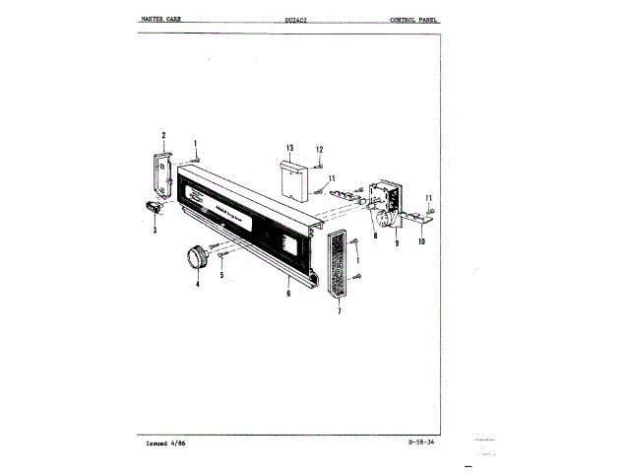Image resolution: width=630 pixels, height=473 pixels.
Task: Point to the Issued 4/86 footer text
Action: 164,444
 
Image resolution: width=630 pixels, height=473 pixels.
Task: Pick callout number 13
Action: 289,148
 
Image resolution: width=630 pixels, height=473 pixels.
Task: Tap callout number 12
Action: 319,149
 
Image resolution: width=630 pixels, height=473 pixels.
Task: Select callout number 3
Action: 155,231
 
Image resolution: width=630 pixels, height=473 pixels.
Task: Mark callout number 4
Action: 197,284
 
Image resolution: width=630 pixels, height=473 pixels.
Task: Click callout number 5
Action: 221,276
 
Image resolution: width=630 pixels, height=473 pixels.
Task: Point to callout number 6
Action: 287,293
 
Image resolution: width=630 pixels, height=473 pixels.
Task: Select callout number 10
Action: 421,241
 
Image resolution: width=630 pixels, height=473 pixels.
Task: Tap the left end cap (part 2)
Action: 163,174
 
